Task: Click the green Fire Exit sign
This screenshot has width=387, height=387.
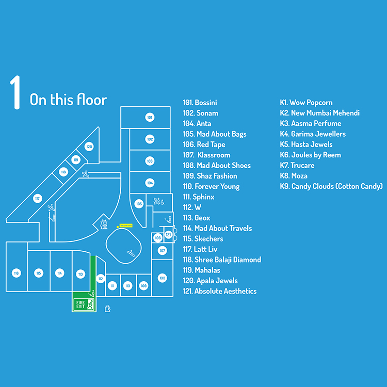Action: click(x=84, y=304)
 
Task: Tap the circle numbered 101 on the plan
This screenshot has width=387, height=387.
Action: click(x=150, y=117)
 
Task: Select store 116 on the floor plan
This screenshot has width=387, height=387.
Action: click(x=17, y=273)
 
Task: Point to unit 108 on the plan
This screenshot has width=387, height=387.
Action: click(x=163, y=278)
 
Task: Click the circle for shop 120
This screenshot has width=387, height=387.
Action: click(x=89, y=147)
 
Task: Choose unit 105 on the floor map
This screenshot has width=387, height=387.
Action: click(x=138, y=204)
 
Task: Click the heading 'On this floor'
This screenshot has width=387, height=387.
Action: click(x=68, y=99)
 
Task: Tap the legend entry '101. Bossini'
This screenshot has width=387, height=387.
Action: click(x=200, y=103)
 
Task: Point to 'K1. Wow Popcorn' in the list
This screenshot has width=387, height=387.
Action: click(x=306, y=103)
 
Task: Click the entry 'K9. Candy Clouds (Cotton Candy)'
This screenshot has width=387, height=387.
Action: click(x=331, y=186)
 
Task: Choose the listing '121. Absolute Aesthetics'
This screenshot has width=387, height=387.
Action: click(x=219, y=291)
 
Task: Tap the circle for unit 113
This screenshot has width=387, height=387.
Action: click(x=80, y=274)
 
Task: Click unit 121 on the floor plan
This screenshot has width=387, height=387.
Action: click(x=168, y=235)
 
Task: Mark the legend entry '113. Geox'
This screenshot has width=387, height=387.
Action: click(x=196, y=218)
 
